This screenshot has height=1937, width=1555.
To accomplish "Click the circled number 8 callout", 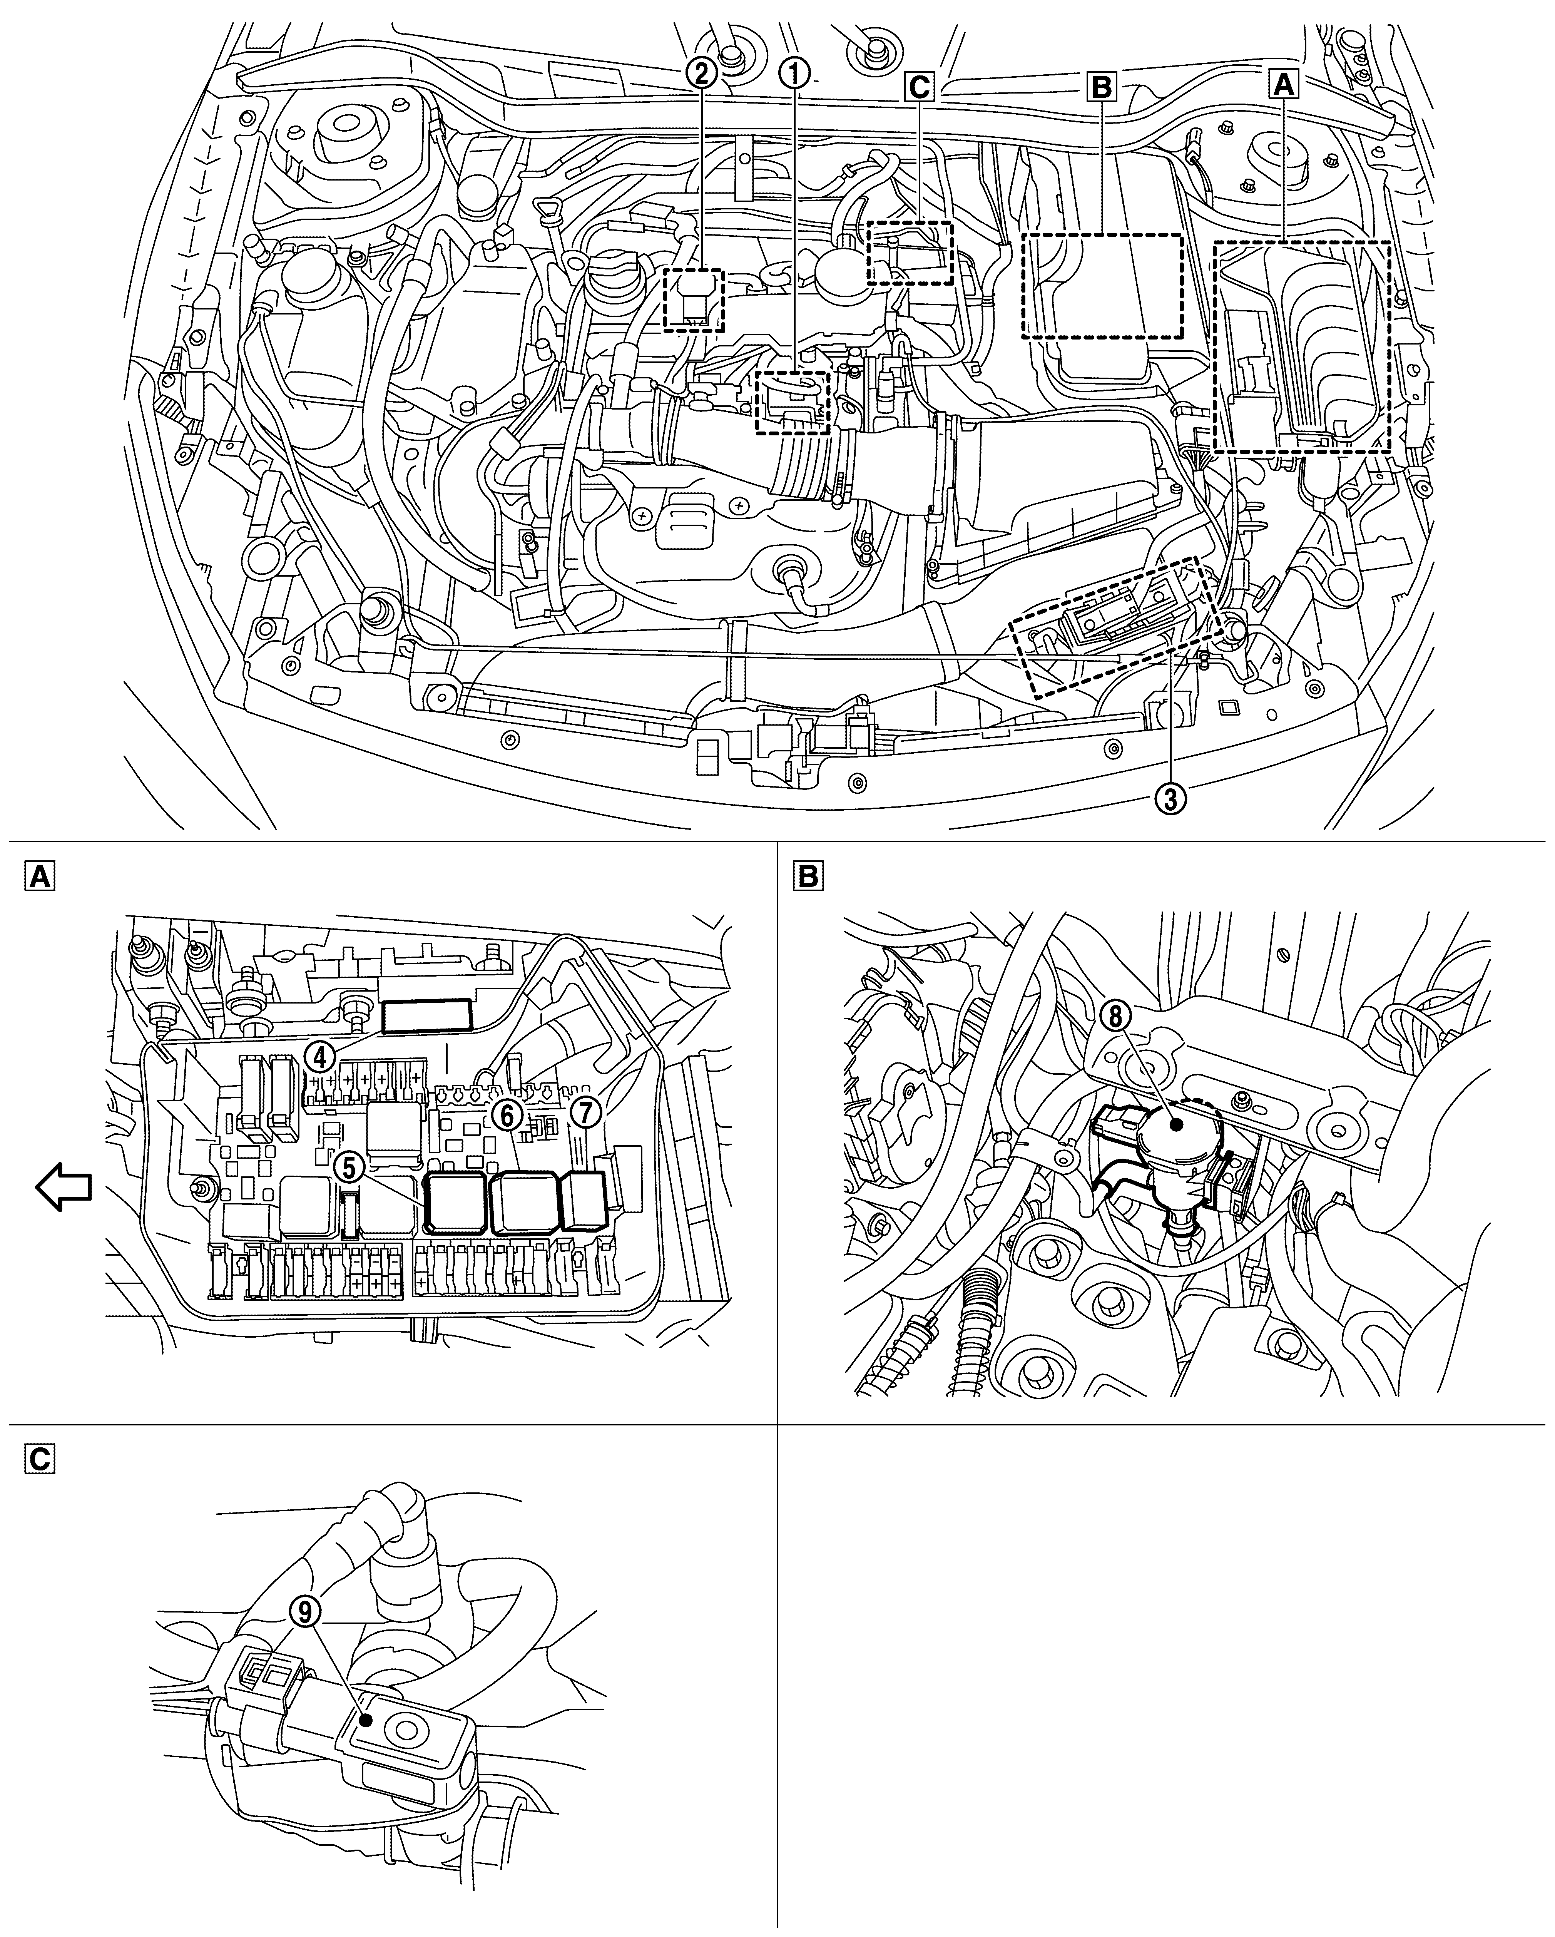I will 1116,1016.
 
